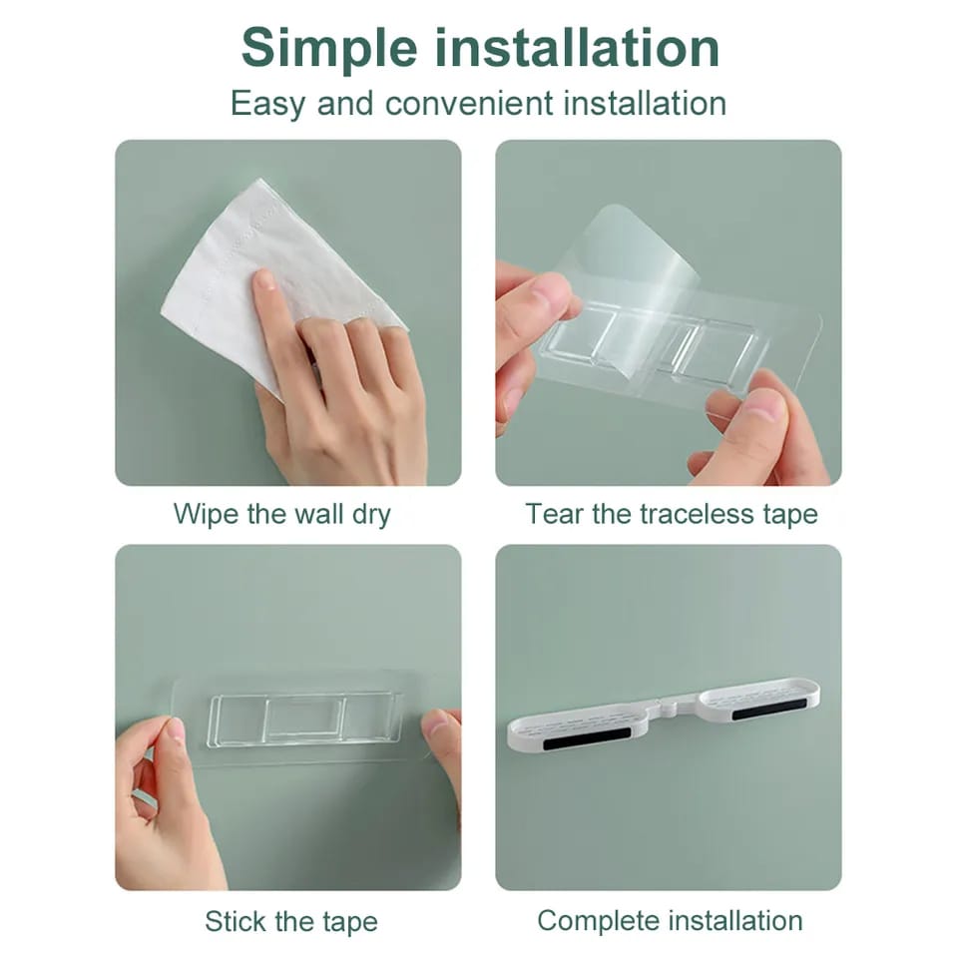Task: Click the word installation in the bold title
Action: click(577, 47)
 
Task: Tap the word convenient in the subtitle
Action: click(469, 103)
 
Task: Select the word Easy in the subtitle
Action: click(267, 105)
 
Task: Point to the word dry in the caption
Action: click(371, 515)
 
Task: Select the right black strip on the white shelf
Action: click(769, 710)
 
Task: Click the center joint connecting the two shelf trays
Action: click(670, 707)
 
